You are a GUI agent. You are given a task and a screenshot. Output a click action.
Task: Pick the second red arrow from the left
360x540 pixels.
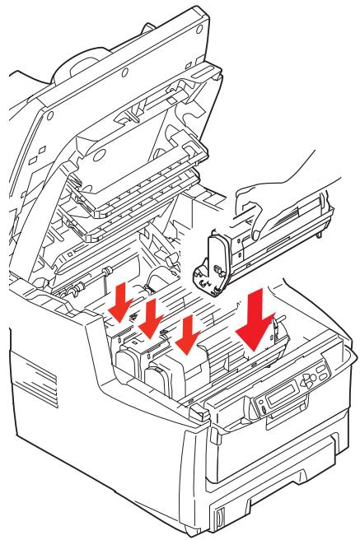point(152,316)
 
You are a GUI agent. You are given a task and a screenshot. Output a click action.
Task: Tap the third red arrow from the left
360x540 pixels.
point(189,327)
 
